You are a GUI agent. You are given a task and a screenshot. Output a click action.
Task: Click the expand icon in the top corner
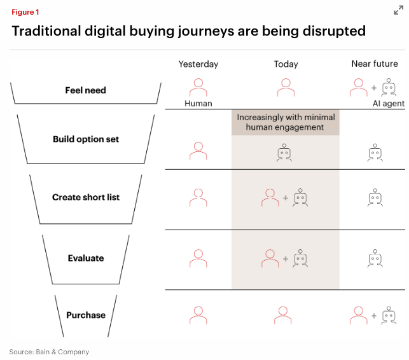click(x=398, y=10)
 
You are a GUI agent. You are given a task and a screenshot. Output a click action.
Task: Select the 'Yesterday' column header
click(x=198, y=64)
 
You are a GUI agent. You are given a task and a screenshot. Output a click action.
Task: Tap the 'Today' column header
click(x=286, y=64)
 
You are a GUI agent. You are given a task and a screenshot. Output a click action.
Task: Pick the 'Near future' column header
click(x=375, y=64)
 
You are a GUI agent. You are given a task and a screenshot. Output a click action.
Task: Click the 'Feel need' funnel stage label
click(x=85, y=90)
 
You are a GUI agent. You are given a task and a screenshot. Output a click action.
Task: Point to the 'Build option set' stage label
click(x=85, y=139)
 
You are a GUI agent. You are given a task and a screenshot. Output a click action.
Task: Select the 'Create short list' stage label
click(x=85, y=197)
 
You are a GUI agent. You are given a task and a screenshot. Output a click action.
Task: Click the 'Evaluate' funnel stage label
click(x=85, y=258)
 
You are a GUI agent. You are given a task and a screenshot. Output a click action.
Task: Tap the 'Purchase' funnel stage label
click(x=85, y=315)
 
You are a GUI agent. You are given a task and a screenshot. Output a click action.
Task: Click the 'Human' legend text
click(x=198, y=103)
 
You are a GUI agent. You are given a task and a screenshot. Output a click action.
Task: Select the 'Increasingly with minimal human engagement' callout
click(x=286, y=122)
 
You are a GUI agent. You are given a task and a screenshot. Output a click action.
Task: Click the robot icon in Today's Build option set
click(x=284, y=152)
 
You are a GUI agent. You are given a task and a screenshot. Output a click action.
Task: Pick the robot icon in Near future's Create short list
click(x=375, y=198)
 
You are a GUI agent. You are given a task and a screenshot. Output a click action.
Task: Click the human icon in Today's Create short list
click(x=270, y=198)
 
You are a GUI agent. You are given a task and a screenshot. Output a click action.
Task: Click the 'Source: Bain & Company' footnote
click(x=49, y=352)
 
